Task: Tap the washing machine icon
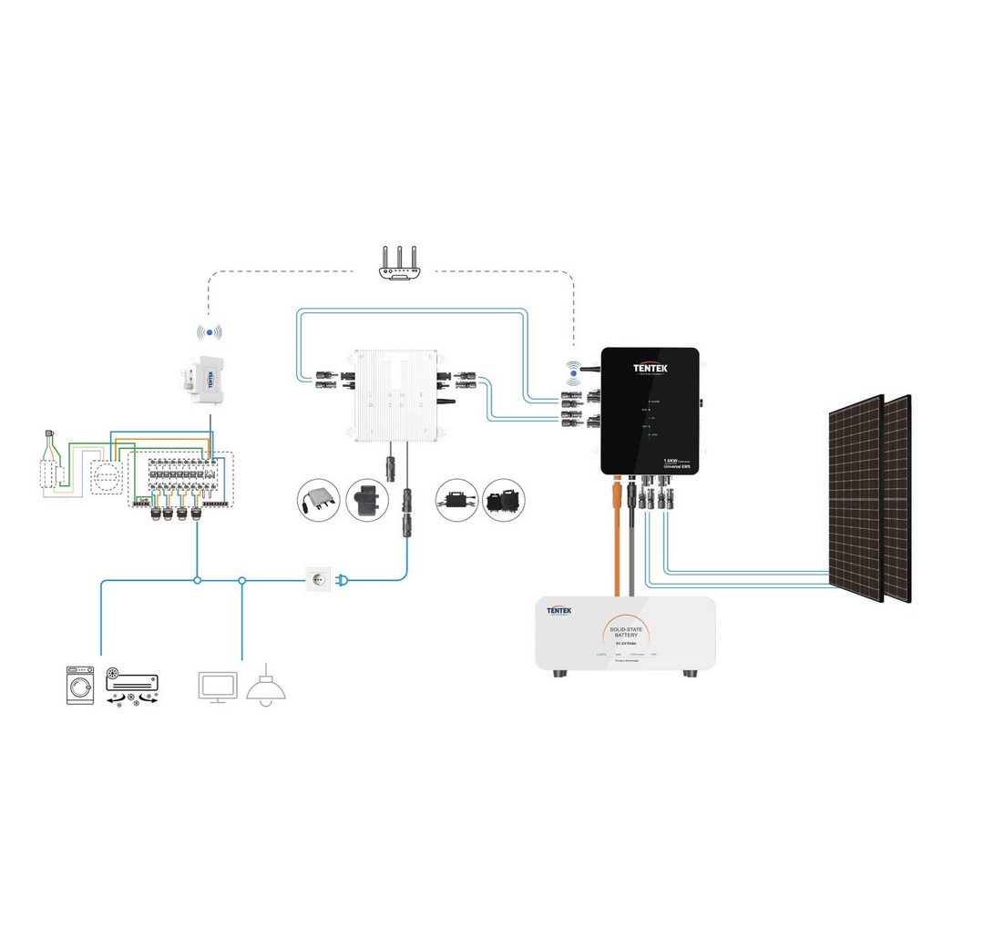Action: (x=80, y=685)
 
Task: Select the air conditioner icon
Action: (x=132, y=680)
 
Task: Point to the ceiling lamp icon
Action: (x=266, y=687)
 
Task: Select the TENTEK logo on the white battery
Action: (x=558, y=611)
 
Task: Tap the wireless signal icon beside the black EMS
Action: (x=572, y=372)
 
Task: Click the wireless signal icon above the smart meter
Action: (x=210, y=333)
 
